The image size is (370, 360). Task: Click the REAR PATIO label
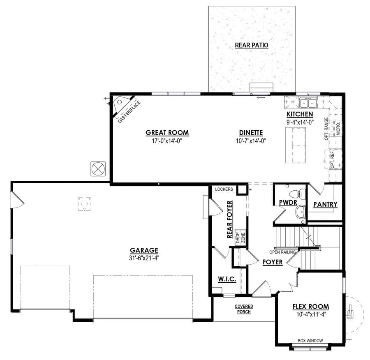[x=251, y=45]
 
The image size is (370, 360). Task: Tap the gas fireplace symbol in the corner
[x=122, y=104]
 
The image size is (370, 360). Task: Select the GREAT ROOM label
[x=167, y=132]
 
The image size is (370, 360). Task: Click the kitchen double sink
[x=308, y=102]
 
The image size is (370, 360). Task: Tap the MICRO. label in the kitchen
[x=338, y=128]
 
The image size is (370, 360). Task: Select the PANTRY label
[x=325, y=204]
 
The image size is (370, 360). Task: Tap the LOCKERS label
[x=224, y=189]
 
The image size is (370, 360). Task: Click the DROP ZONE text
[x=240, y=239]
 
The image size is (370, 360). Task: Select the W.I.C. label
[x=226, y=279]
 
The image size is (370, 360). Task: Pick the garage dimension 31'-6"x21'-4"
[x=144, y=258]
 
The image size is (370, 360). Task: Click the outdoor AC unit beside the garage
[x=99, y=169]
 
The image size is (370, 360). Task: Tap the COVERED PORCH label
[x=244, y=309]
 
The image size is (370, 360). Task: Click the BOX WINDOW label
[x=310, y=340]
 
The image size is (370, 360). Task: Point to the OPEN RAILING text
[x=283, y=252]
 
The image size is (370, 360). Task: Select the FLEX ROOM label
[x=310, y=307]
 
